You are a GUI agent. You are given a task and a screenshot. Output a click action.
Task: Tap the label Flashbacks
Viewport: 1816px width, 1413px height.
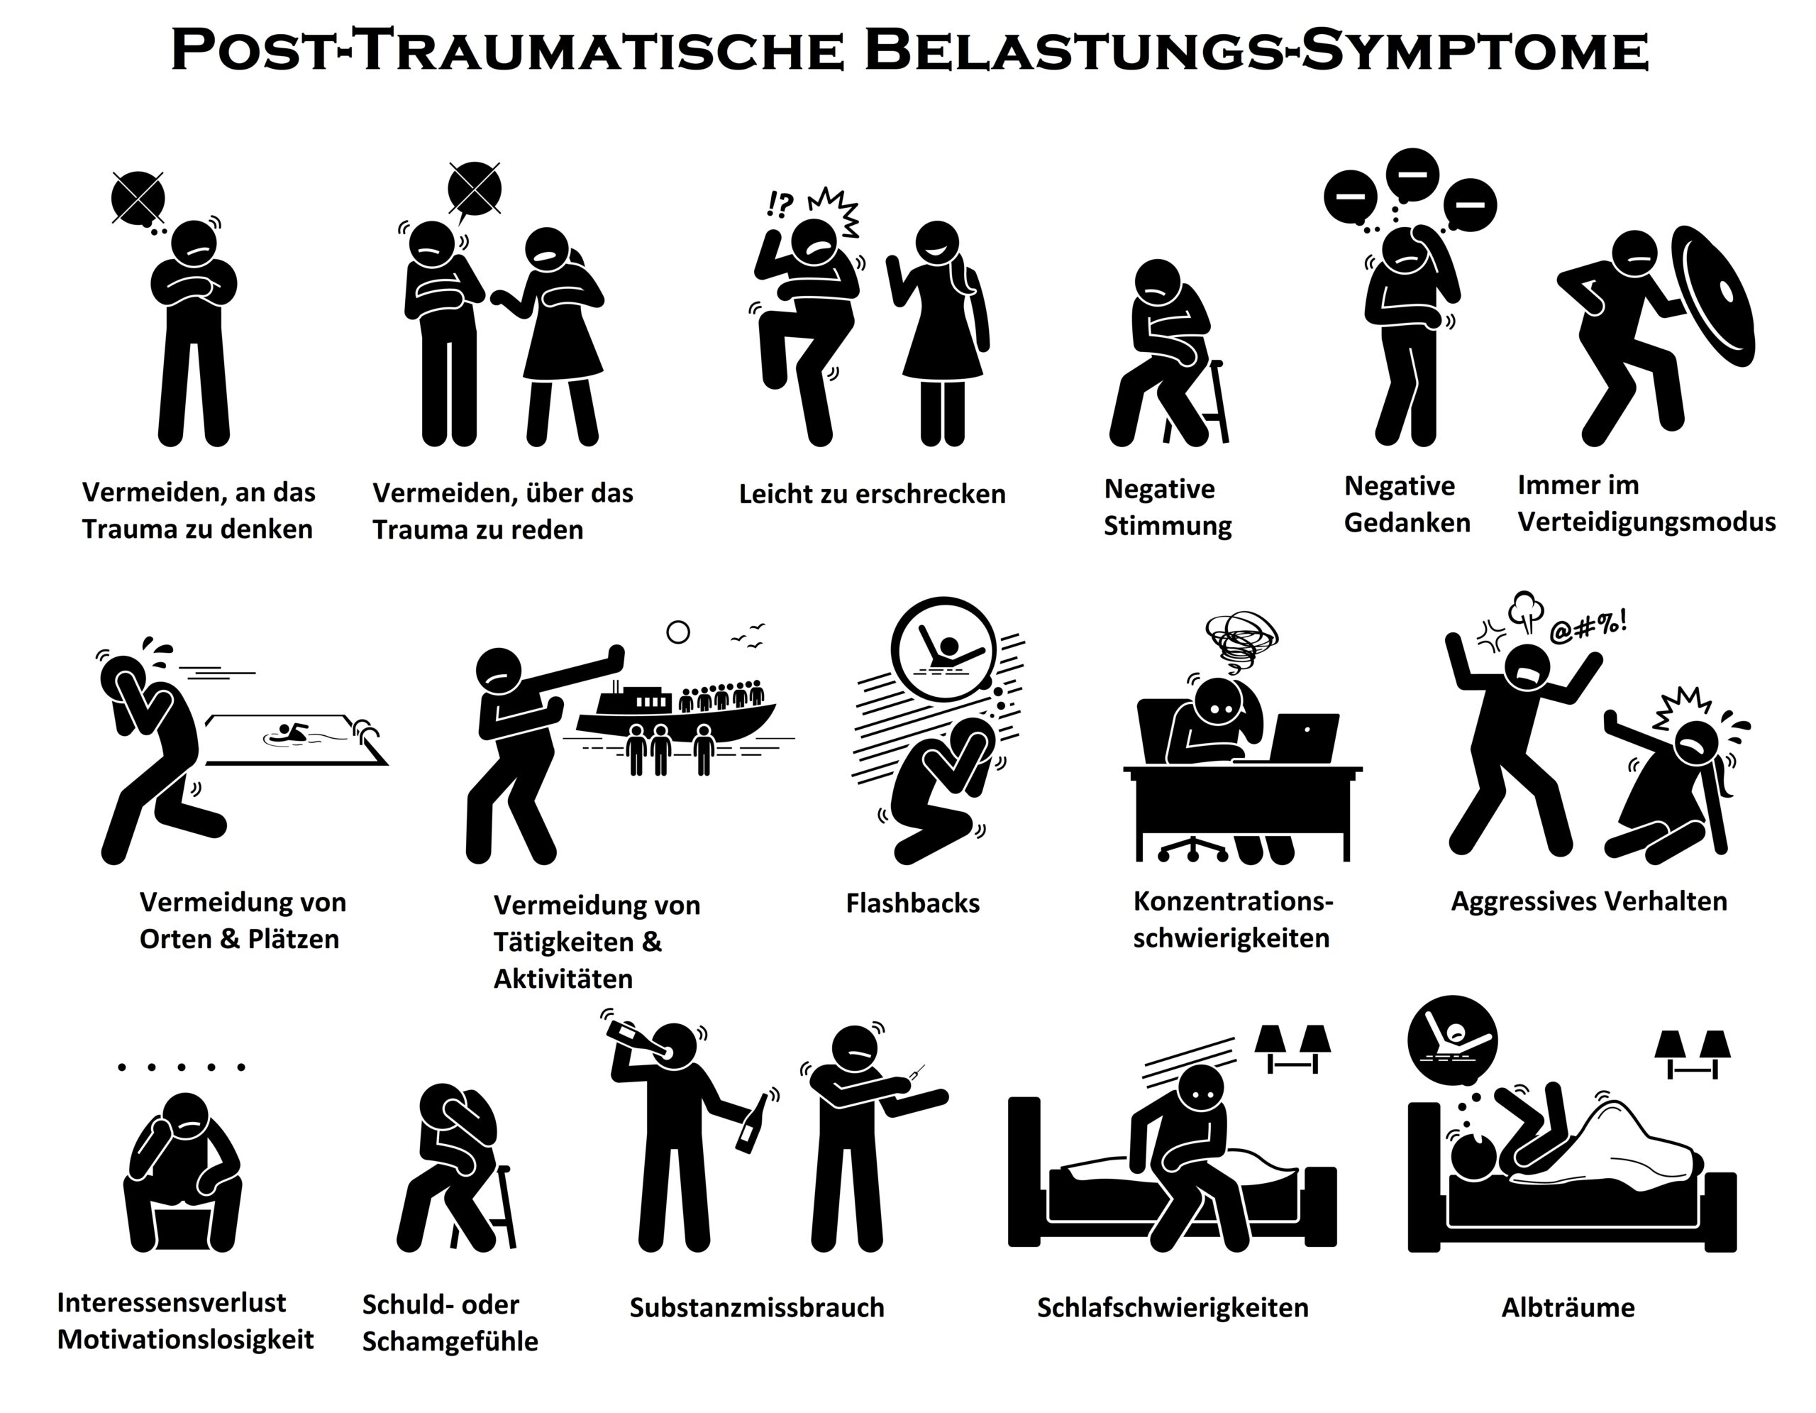(912, 903)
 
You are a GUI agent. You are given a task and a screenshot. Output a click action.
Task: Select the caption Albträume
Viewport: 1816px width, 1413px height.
(1568, 1307)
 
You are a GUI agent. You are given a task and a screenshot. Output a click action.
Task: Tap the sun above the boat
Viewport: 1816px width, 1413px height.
(678, 633)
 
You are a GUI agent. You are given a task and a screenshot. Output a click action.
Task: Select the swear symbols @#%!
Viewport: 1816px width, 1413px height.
(1589, 629)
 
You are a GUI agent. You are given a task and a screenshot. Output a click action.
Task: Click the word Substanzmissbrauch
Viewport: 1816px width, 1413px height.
(757, 1307)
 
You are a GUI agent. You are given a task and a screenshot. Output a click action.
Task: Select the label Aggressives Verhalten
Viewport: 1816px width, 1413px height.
(1589, 901)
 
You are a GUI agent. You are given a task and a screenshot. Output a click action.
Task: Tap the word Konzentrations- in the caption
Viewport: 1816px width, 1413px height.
(1233, 901)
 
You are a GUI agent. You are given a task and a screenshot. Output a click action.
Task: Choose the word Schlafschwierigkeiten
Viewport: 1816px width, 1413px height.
(1173, 1307)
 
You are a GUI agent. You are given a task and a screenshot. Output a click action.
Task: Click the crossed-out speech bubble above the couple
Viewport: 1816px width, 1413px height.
(474, 189)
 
